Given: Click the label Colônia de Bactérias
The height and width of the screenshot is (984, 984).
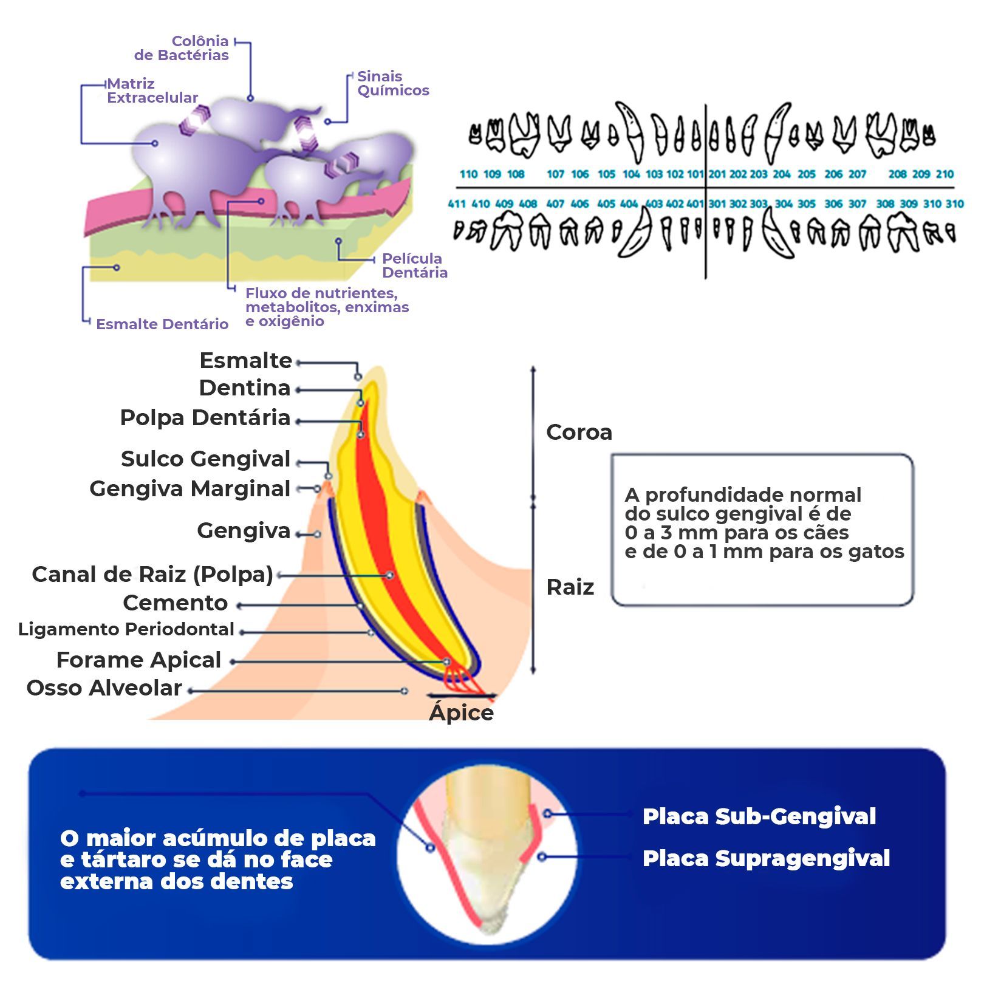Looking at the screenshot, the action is [182, 48].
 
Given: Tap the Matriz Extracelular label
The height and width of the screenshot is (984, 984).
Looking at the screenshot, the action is [152, 91].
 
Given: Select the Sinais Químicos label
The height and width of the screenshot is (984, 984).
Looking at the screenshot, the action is [393, 83].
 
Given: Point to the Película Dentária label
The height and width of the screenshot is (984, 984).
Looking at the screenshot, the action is [415, 265].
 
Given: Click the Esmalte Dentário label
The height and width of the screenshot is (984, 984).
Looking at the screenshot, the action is [162, 324].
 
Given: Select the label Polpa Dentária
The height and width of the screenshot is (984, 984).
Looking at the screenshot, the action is [205, 417].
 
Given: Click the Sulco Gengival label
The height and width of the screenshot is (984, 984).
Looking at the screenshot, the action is [205, 459].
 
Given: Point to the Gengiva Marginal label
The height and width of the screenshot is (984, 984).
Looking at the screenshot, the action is [190, 488].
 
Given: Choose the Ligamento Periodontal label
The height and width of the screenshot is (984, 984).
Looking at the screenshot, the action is [126, 629].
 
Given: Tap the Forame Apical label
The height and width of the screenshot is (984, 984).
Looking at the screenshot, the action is [138, 660].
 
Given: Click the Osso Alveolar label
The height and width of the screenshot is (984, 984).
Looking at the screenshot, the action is [104, 688].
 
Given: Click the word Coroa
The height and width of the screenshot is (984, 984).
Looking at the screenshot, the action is [579, 432].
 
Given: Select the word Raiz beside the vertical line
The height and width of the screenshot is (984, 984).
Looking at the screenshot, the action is [570, 587].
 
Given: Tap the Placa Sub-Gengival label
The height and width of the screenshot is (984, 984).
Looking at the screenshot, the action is [759, 816].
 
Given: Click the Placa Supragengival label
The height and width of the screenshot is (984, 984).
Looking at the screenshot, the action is [766, 858].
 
